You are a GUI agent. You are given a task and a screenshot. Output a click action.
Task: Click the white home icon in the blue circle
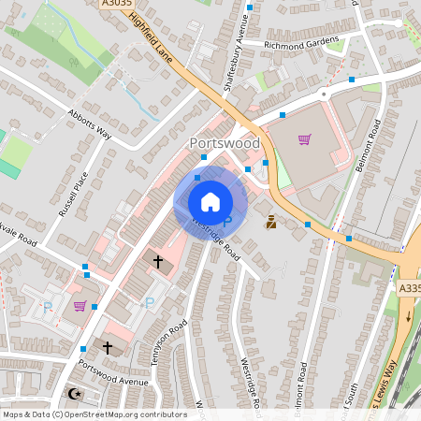(210, 202)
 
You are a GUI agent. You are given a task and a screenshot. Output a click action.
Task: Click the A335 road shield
(409, 288)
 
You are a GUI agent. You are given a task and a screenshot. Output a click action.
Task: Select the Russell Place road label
(73, 195)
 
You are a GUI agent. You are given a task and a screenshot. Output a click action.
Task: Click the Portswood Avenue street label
(115, 383)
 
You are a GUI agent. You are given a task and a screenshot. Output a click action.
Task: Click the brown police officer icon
(271, 223)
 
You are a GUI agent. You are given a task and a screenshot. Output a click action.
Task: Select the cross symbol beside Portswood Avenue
(107, 347)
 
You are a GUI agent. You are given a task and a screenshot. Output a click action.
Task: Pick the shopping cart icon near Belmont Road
(304, 139)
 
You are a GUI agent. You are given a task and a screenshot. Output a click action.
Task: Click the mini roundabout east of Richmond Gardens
(324, 94)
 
